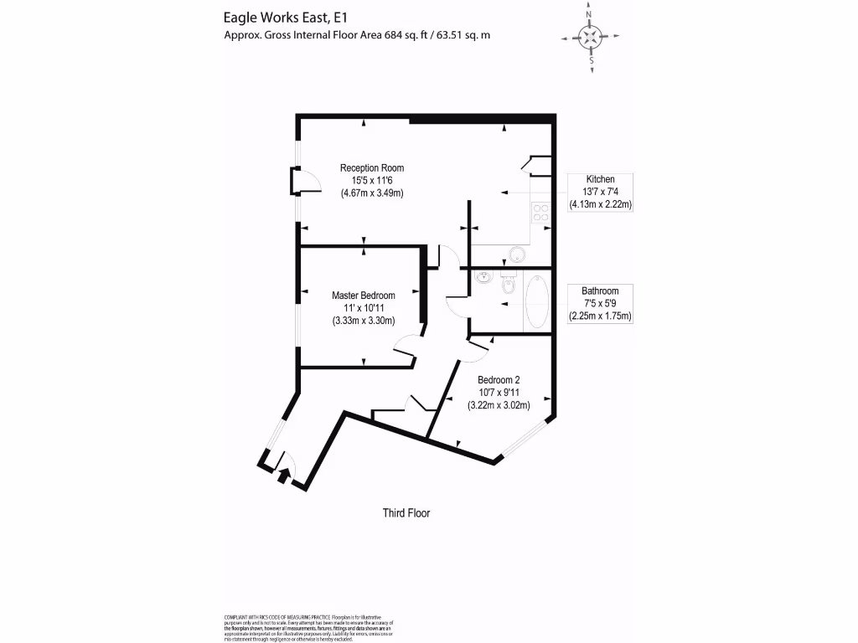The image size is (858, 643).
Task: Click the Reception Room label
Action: pos(372,167)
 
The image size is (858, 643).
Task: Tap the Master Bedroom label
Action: pos(363,296)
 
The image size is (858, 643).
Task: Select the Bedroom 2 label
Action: pos(499,379)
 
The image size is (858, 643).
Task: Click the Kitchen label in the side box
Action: pos(600,179)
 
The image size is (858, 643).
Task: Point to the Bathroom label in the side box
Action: pos(600,291)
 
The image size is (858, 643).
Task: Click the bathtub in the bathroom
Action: pos(536,301)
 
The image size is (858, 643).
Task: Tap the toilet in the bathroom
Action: pos(507,287)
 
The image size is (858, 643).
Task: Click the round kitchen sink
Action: pos(518,254)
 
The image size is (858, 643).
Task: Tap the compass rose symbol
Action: pos(592,37)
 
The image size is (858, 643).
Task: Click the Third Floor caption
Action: pos(406,513)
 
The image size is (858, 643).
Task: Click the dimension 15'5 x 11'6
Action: pos(372,180)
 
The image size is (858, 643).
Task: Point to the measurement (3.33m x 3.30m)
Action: pos(363,321)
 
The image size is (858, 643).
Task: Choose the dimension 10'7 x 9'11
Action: pos(499,392)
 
